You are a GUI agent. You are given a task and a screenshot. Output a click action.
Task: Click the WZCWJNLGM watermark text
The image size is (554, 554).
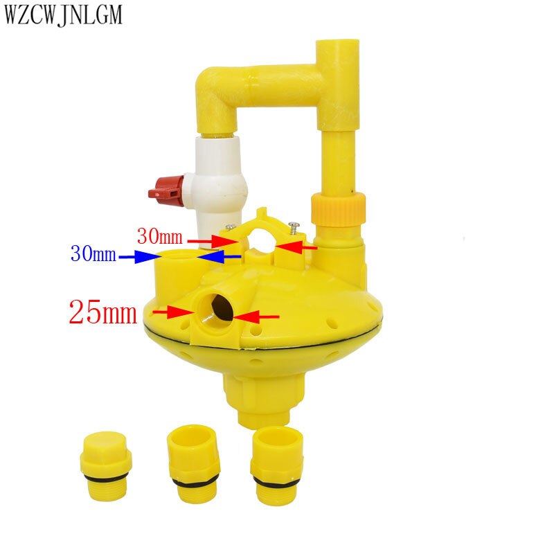tap(63, 15)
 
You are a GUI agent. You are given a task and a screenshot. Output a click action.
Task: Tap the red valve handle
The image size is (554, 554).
tap(166, 191)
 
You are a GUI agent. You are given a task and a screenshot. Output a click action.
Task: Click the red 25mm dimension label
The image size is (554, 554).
tap(102, 312)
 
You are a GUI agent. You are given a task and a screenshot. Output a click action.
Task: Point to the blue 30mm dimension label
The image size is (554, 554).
tap(93, 253)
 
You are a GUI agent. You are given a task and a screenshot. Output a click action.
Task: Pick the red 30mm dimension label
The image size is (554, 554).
tap(160, 236)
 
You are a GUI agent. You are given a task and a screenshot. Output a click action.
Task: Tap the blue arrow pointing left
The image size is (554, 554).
tap(219, 256)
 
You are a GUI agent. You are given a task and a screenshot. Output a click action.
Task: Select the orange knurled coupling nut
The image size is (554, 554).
tap(338, 209)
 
